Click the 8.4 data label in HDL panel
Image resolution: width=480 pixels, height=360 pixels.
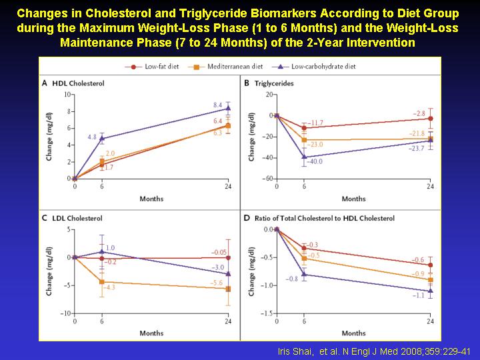tap(217, 105)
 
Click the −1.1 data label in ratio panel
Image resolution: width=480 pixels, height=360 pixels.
tap(418, 295)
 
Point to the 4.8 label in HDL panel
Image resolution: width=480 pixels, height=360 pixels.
tap(92, 137)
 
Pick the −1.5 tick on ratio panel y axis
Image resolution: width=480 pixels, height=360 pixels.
tap(266, 313)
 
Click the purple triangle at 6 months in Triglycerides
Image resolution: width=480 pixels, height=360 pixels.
tap(304, 157)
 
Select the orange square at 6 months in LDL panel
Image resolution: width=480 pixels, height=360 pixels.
tap(101, 282)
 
